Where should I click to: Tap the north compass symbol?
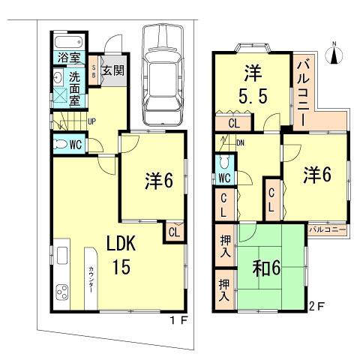click(335, 52)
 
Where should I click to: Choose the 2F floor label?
click(318, 306)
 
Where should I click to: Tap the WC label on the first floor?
click(75, 145)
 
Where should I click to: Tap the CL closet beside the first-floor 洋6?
click(173, 232)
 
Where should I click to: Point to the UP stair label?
click(90, 119)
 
